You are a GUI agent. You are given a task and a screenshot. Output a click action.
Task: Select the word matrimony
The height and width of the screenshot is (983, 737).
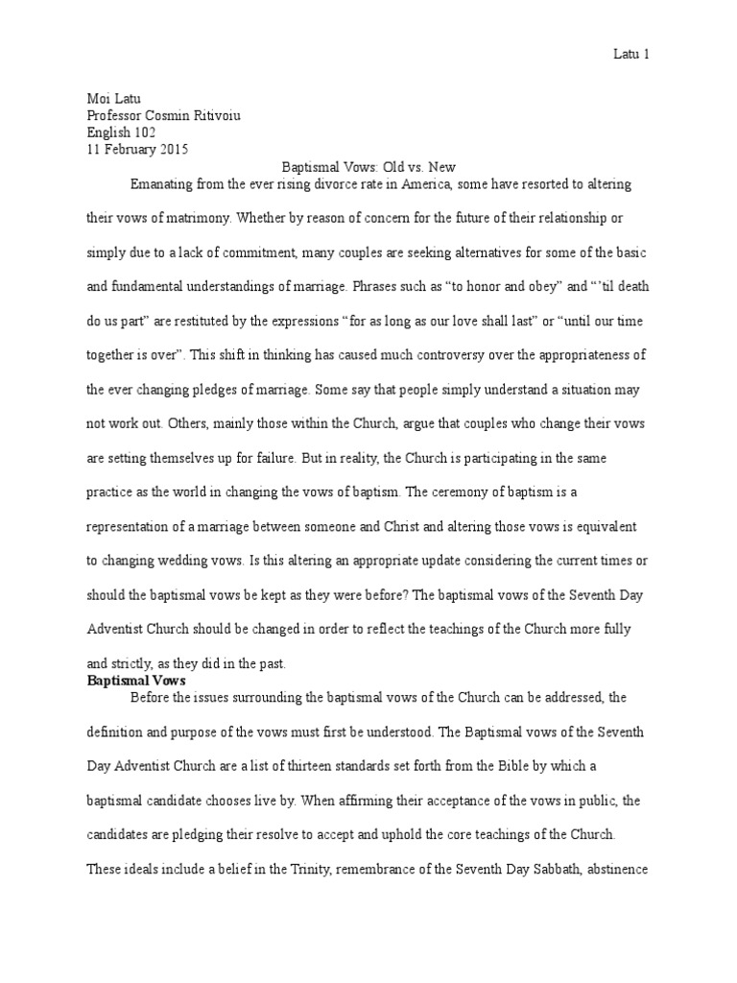coord(188,220)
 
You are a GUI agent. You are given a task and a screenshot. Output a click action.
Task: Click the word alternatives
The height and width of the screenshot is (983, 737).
coord(472,253)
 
